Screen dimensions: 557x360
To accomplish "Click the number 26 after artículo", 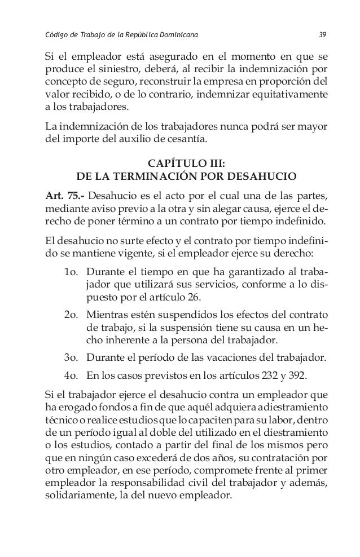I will click(x=195, y=297).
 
